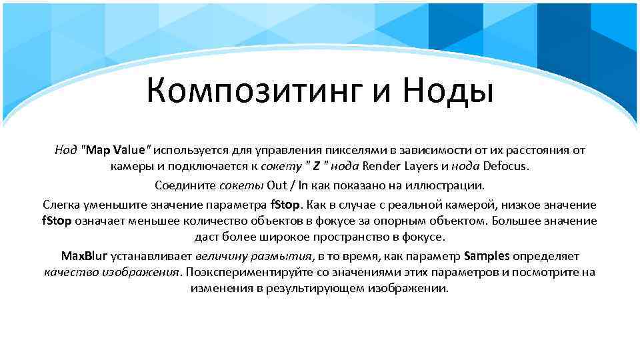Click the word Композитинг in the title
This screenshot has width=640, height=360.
coord(253,92)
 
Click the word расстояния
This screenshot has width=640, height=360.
coord(535,149)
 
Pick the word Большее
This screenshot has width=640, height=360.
coord(518,220)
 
